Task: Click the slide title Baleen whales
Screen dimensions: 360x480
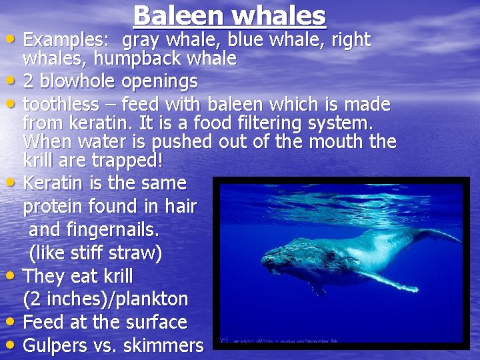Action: click(229, 16)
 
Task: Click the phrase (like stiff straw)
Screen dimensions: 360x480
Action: click(95, 254)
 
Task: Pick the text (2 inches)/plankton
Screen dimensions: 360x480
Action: click(105, 299)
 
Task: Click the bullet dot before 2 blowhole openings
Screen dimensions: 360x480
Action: click(13, 81)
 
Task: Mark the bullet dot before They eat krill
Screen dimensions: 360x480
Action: click(13, 275)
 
